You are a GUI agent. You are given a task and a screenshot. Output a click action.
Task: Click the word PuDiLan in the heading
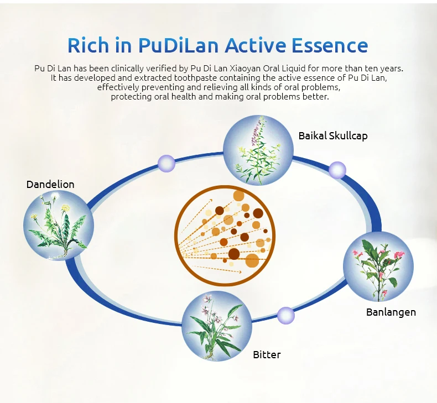point(183,45)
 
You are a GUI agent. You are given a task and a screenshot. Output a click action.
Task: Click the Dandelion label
point(50,184)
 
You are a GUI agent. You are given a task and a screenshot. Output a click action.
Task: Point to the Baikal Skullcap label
point(333,135)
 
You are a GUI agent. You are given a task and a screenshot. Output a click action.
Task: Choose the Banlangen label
point(391,312)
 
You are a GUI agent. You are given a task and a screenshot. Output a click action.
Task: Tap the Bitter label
point(267,354)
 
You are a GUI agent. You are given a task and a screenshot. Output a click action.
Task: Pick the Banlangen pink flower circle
point(378,266)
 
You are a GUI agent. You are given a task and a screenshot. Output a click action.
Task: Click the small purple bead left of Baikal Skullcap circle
point(166,163)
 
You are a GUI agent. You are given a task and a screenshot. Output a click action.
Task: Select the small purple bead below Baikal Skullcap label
point(337,170)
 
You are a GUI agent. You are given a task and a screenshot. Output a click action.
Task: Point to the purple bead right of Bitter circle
point(285,316)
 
